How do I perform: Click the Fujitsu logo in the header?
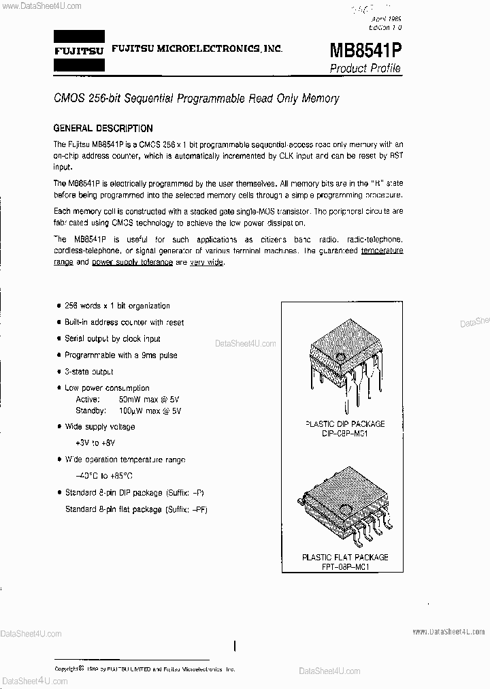tap(79, 50)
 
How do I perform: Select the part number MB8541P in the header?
tap(365, 50)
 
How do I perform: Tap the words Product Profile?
tap(365, 68)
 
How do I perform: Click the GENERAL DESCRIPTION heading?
tap(103, 128)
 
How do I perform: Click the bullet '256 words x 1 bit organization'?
tap(116, 306)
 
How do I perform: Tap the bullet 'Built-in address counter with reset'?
tap(123, 323)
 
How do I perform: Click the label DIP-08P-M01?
tap(344, 433)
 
